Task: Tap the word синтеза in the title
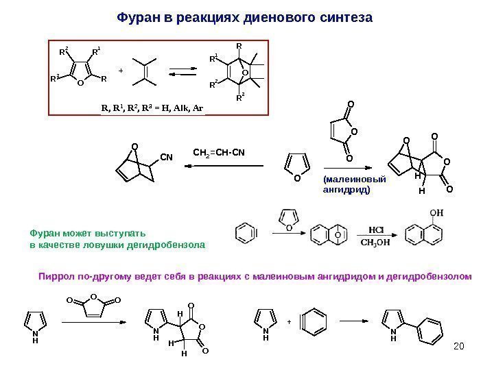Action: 346,16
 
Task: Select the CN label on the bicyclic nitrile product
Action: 165,158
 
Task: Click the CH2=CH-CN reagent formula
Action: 218,151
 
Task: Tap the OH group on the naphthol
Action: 436,213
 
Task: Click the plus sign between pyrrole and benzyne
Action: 289,320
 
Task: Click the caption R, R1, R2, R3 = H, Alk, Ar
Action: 152,108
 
